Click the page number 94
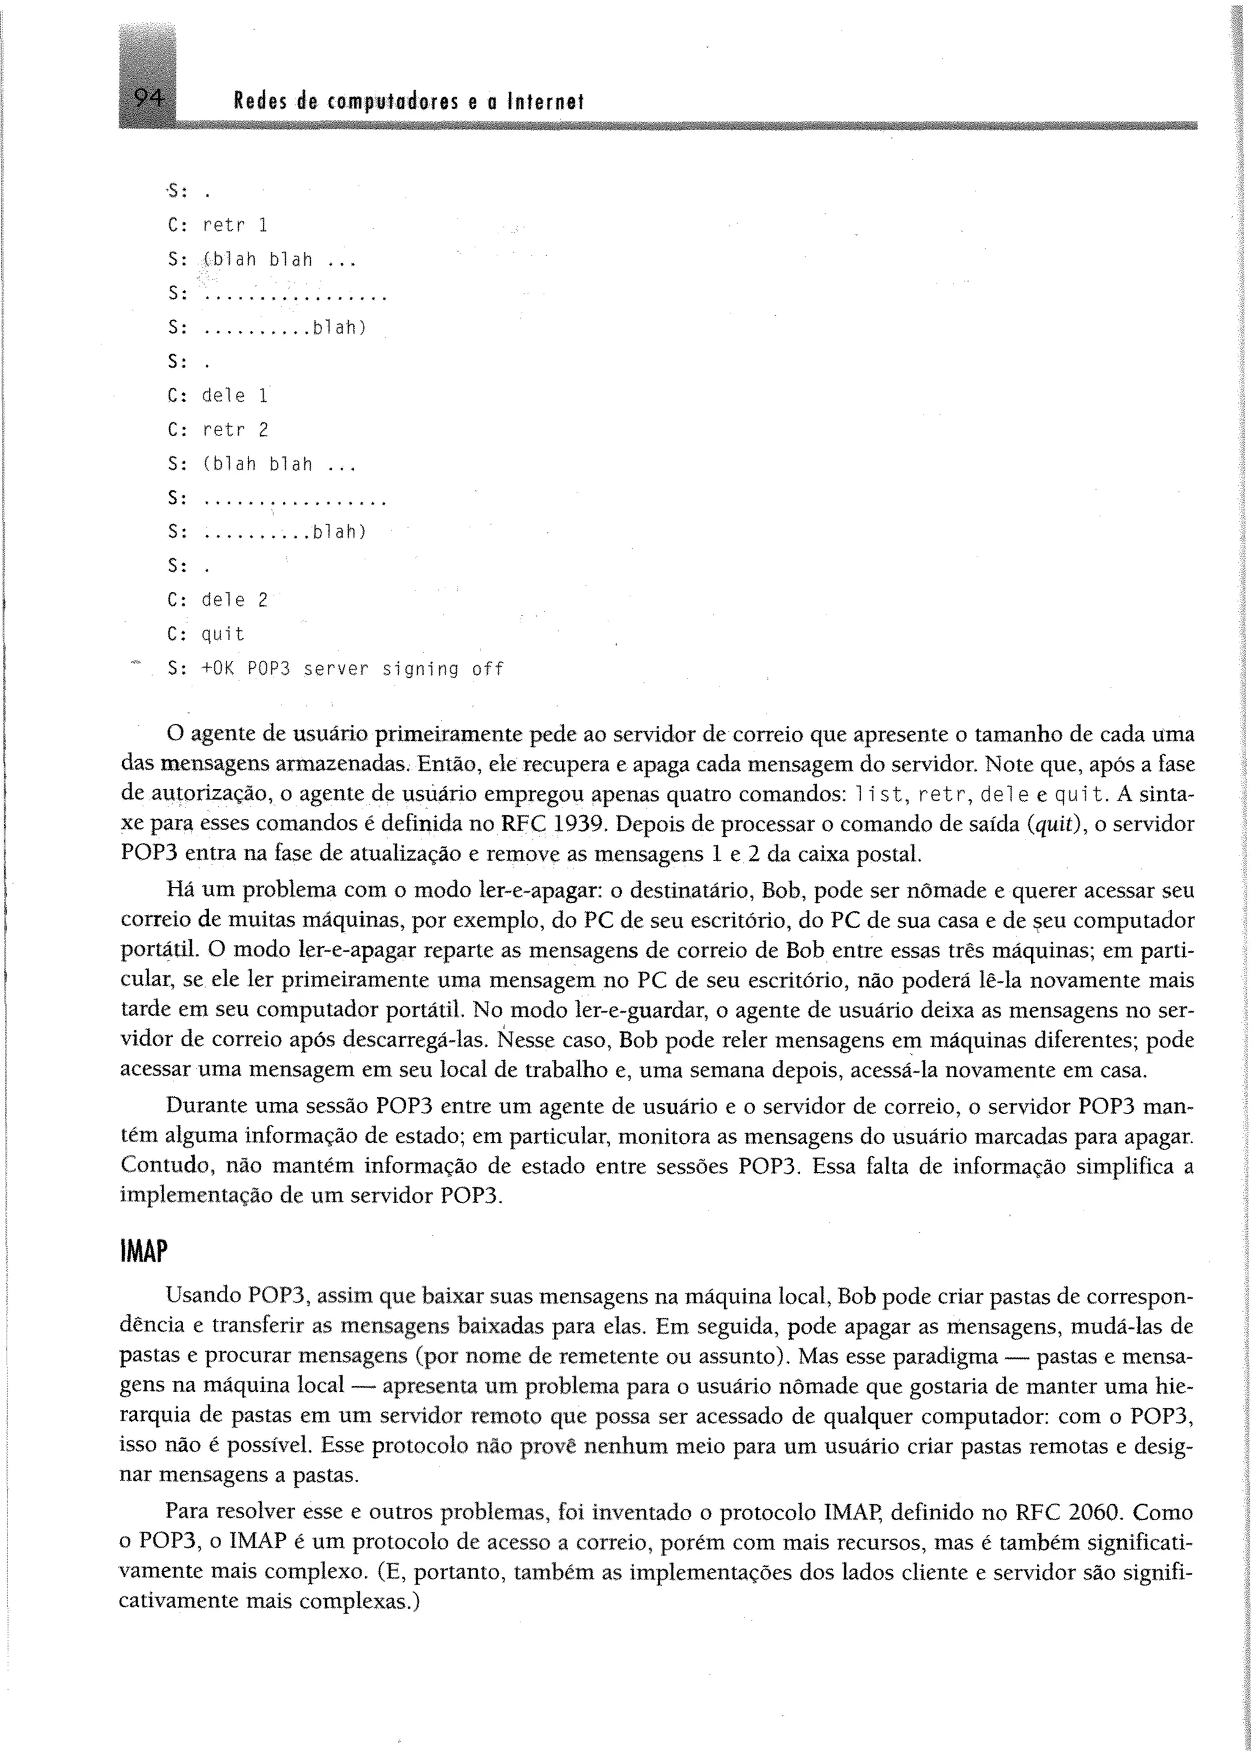pyautogui.click(x=148, y=98)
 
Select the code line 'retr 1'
pyautogui.click(x=234, y=225)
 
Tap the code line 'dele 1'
pyautogui.click(x=234, y=396)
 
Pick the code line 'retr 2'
pyautogui.click(x=234, y=430)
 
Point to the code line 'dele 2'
pyautogui.click(x=234, y=600)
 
